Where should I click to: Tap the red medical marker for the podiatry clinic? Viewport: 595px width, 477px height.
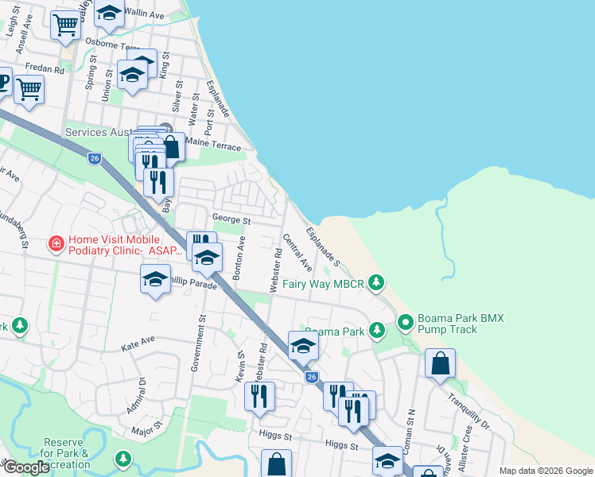[56, 243]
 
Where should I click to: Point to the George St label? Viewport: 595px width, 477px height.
[231, 220]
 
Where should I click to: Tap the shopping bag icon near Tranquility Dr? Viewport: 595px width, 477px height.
[440, 364]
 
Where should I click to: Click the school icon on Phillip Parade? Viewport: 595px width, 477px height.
[155, 279]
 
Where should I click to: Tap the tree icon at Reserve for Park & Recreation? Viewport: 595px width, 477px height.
[122, 459]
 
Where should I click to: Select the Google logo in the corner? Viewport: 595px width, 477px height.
[26, 467]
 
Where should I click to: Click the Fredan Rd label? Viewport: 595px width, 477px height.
[45, 70]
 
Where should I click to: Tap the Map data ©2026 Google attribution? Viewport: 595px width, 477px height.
[545, 471]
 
